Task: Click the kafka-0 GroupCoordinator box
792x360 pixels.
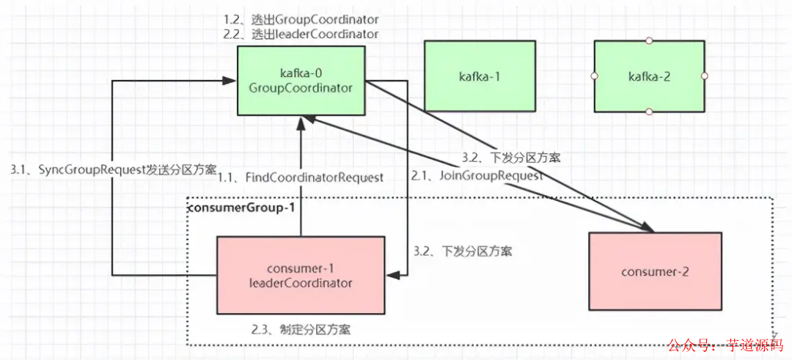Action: (x=301, y=81)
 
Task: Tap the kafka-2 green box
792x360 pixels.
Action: (x=649, y=76)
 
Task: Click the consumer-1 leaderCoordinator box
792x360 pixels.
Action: (x=301, y=276)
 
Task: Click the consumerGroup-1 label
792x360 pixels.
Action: (x=242, y=207)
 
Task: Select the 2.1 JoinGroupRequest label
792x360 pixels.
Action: (x=477, y=176)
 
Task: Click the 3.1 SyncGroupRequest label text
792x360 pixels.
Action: (x=113, y=169)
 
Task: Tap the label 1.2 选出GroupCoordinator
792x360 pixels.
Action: (x=301, y=19)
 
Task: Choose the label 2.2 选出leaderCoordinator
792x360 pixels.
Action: (x=301, y=34)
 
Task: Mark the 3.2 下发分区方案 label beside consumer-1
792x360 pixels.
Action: (x=462, y=251)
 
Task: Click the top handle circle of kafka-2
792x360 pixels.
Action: (x=649, y=41)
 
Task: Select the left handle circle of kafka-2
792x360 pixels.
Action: (x=595, y=76)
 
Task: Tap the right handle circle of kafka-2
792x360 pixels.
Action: (x=704, y=76)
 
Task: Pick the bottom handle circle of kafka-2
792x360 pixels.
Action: (x=649, y=111)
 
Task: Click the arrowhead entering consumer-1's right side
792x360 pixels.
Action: (x=392, y=275)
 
